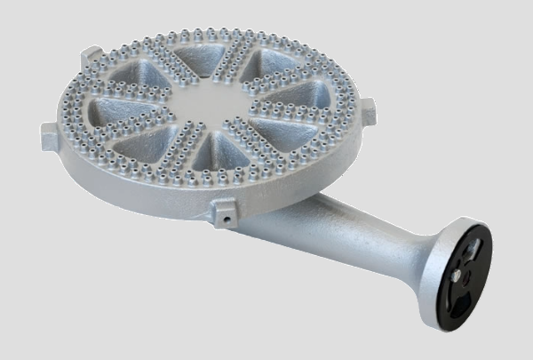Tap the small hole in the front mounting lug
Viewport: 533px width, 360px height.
click(228, 214)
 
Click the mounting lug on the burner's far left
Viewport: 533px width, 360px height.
click(50, 136)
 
